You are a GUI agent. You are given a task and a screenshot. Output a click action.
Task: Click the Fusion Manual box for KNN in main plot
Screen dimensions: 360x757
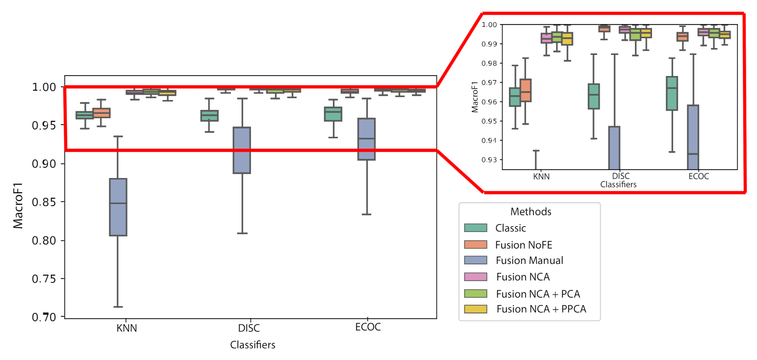click(x=118, y=207)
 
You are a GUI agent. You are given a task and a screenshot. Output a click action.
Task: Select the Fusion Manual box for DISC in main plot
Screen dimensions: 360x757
click(x=242, y=150)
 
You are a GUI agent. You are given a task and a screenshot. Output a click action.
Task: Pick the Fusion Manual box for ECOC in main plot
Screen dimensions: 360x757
click(x=366, y=139)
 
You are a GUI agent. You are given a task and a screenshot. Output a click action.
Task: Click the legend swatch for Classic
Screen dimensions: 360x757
click(x=476, y=228)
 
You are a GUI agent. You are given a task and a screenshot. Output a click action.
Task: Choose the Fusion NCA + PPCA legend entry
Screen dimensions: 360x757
click(x=541, y=309)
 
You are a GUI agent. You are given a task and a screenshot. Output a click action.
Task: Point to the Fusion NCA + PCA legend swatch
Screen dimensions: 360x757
click(x=476, y=293)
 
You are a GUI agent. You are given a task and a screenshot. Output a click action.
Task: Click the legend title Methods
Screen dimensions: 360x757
click(x=531, y=212)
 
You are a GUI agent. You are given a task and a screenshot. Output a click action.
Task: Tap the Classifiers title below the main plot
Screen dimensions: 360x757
click(x=252, y=345)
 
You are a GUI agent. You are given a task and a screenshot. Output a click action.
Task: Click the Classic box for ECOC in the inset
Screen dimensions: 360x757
click(x=672, y=93)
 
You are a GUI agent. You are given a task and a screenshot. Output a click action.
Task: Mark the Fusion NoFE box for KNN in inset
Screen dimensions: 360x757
click(x=526, y=90)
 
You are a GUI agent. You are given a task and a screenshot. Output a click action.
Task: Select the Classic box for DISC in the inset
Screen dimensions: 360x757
click(x=594, y=96)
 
